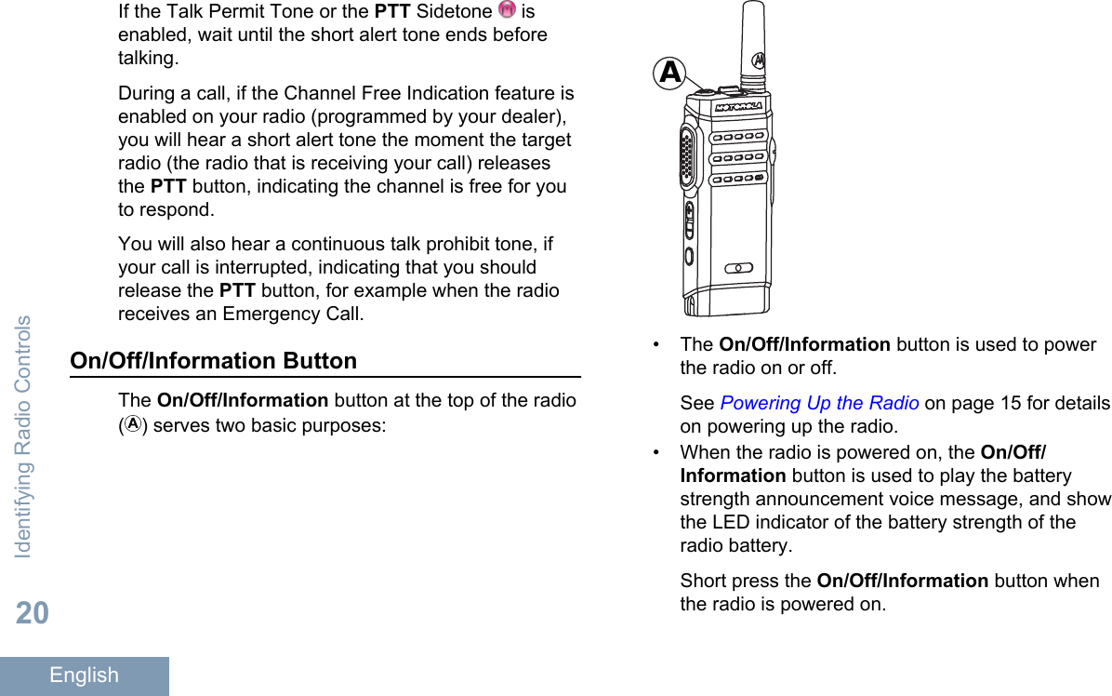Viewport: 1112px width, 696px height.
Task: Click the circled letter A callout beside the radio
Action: pyautogui.click(x=669, y=72)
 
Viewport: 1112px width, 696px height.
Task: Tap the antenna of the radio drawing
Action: pyautogui.click(x=753, y=42)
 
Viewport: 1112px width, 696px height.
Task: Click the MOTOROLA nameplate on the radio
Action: pyautogui.click(x=739, y=107)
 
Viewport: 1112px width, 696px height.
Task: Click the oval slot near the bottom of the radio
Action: pyautogui.click(x=738, y=268)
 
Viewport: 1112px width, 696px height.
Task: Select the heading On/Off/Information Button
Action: pyautogui.click(x=214, y=360)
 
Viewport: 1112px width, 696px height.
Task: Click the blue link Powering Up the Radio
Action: pyautogui.click(x=819, y=403)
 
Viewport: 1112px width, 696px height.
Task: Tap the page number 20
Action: pyautogui.click(x=32, y=613)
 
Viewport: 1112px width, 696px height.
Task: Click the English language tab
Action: pyautogui.click(x=84, y=676)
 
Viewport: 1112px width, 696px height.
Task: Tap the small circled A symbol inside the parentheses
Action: pyautogui.click(x=134, y=425)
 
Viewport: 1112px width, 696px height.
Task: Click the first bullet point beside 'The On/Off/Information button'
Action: pyautogui.click(x=659, y=344)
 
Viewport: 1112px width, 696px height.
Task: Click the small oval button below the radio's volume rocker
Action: pyautogui.click(x=689, y=255)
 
